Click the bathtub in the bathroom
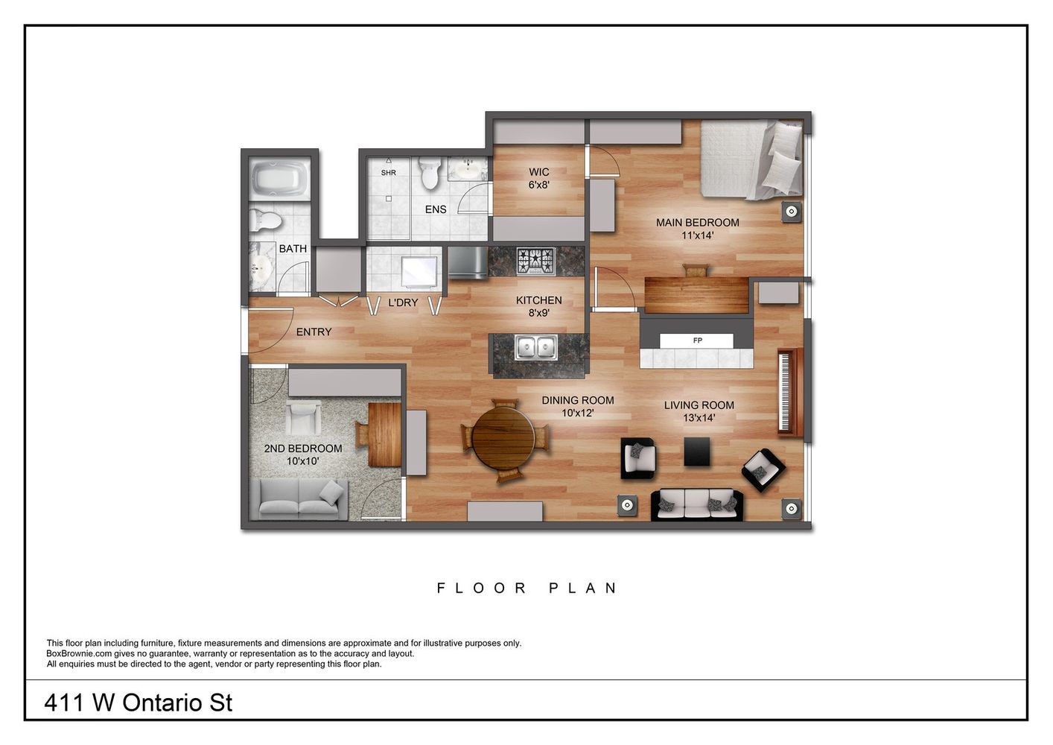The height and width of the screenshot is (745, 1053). click(280, 178)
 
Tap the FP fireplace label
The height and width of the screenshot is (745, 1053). click(697, 340)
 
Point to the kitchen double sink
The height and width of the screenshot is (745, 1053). click(537, 348)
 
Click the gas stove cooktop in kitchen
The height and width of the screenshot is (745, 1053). click(536, 260)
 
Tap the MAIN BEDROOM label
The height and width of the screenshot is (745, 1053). click(697, 223)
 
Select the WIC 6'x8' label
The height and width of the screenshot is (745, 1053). click(538, 178)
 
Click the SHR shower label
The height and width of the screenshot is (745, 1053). click(388, 173)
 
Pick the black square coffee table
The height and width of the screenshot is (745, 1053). click(697, 451)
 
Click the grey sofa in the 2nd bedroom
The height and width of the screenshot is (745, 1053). click(299, 498)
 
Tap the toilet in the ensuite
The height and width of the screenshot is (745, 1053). click(429, 174)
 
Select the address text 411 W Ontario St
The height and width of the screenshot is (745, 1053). click(139, 703)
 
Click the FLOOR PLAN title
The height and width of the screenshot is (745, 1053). click(526, 588)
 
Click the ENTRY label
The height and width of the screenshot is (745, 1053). click(314, 332)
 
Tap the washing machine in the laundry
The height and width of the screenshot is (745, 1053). click(419, 271)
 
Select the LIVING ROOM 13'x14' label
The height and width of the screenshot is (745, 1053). click(699, 411)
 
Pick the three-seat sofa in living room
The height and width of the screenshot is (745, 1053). click(697, 504)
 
